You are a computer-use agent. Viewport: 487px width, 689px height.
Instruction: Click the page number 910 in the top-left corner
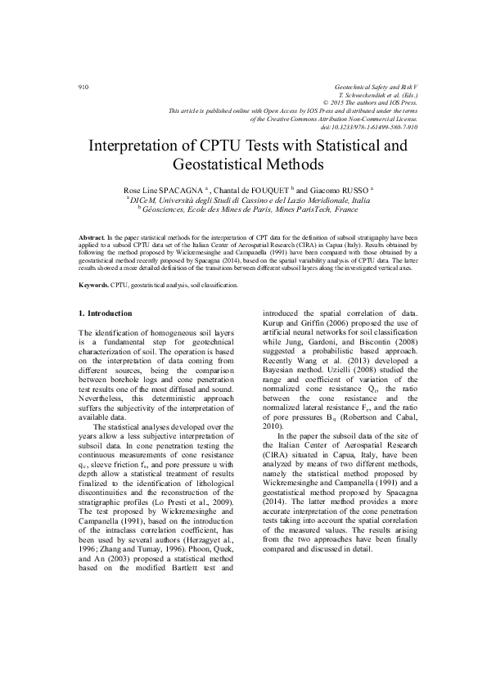pos(83,86)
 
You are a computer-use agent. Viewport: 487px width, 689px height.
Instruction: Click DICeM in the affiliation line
pos(144,199)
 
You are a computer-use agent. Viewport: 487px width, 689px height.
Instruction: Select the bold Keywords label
pos(94,286)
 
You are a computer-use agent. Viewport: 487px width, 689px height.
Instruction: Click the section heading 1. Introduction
pos(105,313)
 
